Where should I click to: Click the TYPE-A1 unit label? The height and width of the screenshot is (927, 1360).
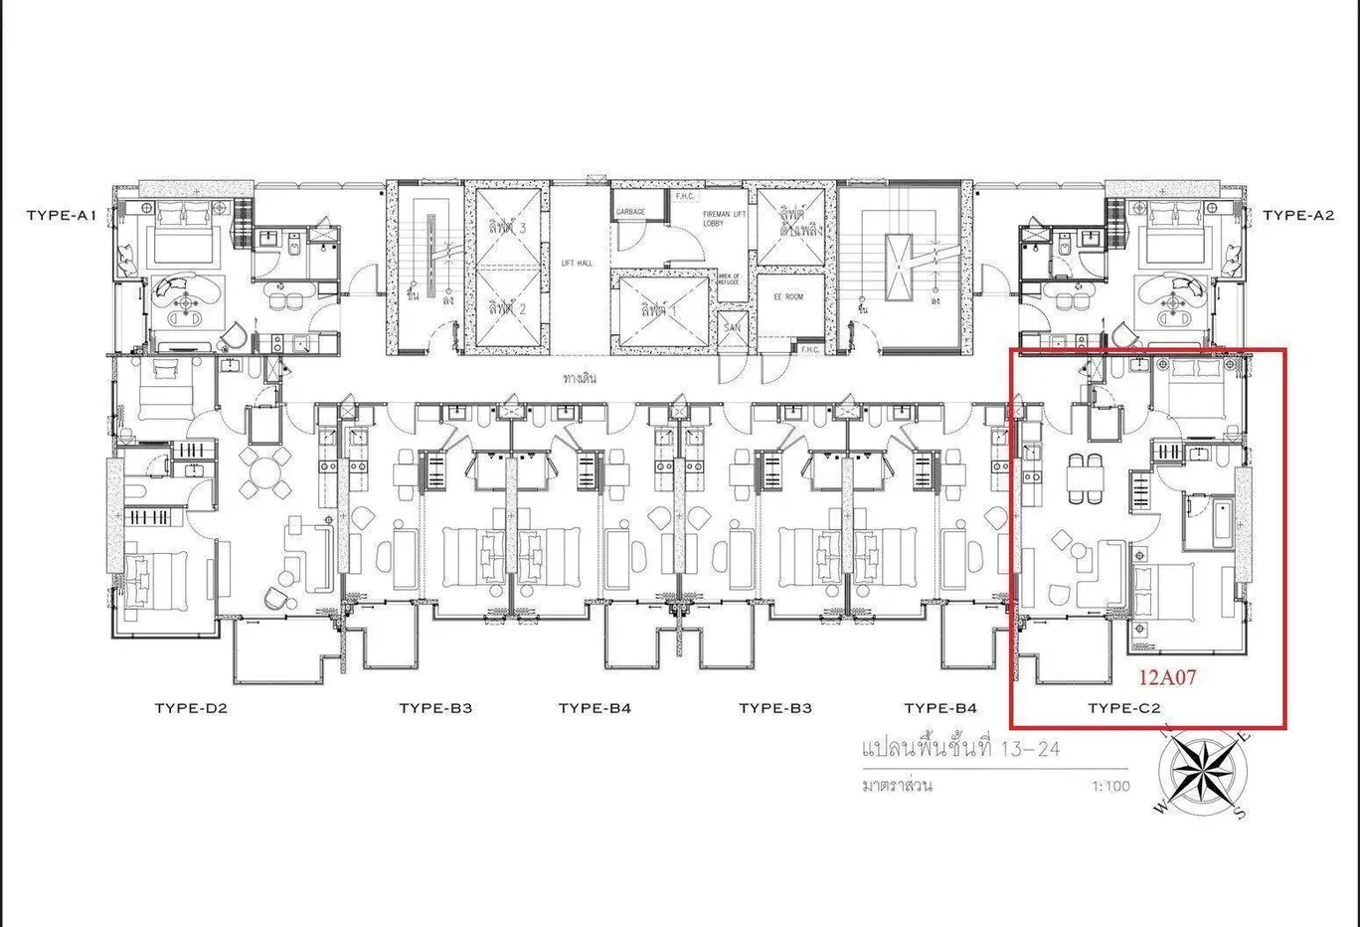point(61,215)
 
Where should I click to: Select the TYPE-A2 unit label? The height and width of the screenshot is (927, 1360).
point(1298,215)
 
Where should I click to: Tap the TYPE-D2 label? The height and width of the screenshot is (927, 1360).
point(191,708)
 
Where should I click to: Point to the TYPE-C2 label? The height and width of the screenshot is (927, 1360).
point(1124,708)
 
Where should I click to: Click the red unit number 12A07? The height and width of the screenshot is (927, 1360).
point(1167,678)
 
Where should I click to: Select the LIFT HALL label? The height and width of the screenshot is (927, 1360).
point(577,263)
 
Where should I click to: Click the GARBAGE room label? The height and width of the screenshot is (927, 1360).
point(630,212)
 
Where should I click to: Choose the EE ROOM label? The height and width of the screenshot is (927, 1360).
point(788,296)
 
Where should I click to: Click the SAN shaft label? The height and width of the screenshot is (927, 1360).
point(732,327)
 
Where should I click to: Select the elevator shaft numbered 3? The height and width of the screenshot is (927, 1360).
point(507,228)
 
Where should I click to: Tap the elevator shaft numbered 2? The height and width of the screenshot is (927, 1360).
point(507,309)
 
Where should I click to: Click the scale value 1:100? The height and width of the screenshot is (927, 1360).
point(1110,786)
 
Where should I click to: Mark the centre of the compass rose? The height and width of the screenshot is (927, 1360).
point(1202,773)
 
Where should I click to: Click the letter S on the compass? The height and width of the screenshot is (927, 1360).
point(1239,813)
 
